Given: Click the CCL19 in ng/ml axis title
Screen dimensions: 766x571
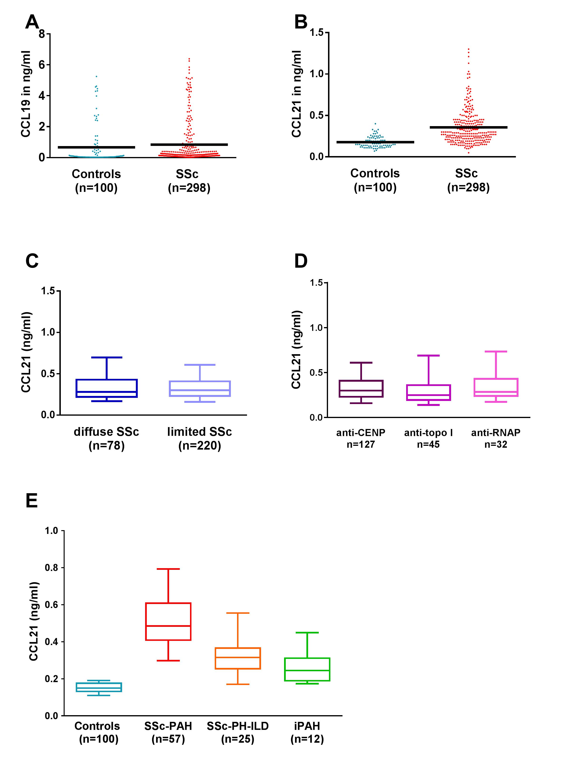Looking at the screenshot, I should (26, 94).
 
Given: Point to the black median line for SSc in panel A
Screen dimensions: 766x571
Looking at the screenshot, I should (189, 144).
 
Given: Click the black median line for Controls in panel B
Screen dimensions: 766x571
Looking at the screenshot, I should (375, 142).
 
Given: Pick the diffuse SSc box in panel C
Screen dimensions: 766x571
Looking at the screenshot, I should (107, 388).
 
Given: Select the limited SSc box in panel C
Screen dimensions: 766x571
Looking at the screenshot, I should (200, 389).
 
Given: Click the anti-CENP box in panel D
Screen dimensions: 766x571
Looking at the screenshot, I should (361, 389).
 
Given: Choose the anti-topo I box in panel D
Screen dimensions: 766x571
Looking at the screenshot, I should (428, 392).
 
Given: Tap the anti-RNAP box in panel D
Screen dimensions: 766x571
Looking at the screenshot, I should (496, 387).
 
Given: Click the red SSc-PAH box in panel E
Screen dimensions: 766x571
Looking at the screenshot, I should (168, 622).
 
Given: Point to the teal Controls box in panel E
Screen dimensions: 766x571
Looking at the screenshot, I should (99, 687).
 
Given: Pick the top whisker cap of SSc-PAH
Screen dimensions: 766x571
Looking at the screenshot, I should (168, 569).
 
